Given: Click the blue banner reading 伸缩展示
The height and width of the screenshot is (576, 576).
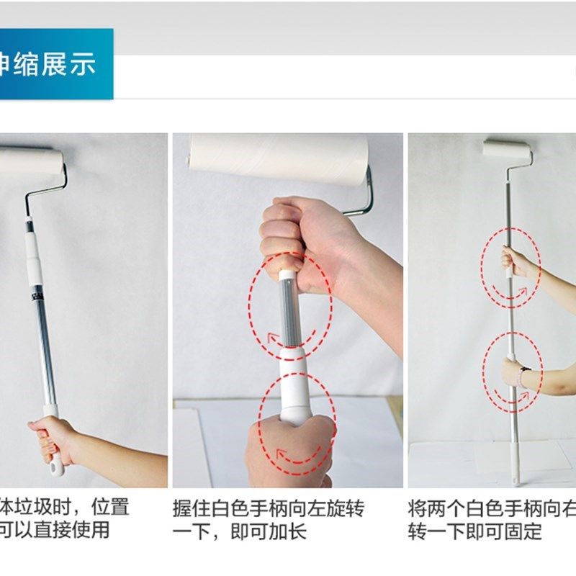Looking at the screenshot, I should (x=55, y=64).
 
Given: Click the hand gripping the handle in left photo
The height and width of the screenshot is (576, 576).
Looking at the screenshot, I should (x=55, y=438).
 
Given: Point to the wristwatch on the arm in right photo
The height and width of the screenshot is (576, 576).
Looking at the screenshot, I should (x=524, y=375).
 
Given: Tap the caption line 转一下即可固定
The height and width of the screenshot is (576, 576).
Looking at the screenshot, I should (x=474, y=532).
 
